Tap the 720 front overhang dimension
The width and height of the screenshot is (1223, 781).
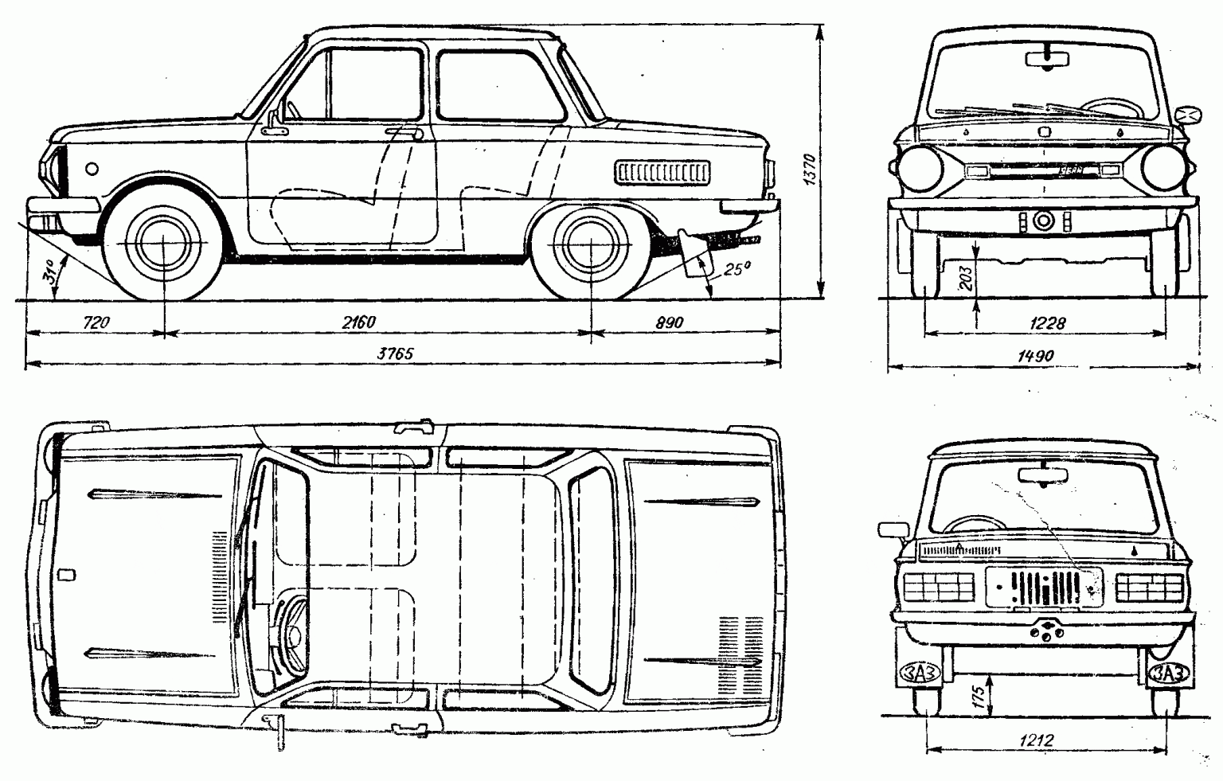[95, 322]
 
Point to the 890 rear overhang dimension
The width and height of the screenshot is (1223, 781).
[670, 322]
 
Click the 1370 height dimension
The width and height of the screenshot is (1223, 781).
[811, 170]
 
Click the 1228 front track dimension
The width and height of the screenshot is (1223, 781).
[1046, 322]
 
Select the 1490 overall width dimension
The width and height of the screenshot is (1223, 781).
[1035, 356]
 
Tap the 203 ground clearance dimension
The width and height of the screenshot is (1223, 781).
[965, 278]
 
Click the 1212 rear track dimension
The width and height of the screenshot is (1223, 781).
[1036, 740]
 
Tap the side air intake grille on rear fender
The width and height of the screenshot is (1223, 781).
[661, 171]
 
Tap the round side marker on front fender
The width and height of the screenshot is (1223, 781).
[92, 169]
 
